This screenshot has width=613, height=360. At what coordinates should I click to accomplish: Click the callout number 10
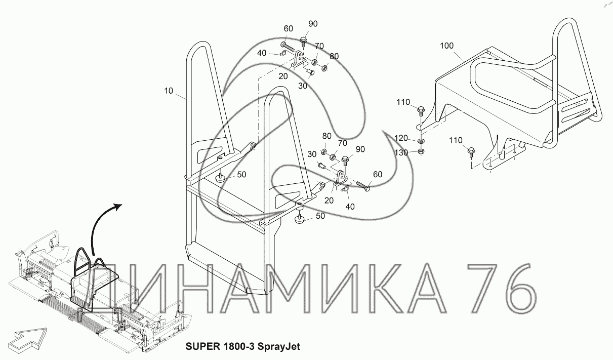click(169, 91)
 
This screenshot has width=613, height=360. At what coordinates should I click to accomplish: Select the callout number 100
click(446, 46)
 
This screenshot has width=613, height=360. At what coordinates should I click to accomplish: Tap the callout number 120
click(401, 138)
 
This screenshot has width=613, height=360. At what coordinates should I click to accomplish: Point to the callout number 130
click(401, 152)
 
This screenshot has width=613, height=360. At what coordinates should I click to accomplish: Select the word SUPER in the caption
click(202, 346)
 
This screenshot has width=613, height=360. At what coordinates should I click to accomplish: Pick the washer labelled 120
click(420, 141)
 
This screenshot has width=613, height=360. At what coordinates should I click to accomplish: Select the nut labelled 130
click(421, 150)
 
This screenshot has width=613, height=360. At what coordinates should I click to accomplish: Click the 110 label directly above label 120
click(403, 102)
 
